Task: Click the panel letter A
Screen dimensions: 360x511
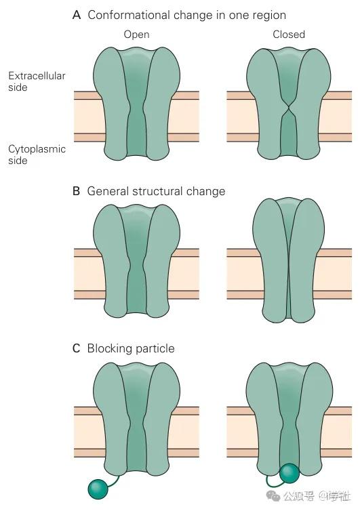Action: [x=77, y=15]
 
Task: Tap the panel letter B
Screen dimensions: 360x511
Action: [x=77, y=191]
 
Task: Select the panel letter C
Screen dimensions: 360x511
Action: [x=77, y=348]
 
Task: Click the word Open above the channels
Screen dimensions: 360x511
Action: [x=137, y=35]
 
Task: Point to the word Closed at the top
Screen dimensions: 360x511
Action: [x=289, y=34]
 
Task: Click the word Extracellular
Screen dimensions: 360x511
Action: [x=37, y=76]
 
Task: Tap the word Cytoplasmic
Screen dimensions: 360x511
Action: [x=37, y=150]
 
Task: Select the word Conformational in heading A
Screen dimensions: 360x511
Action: [x=129, y=15]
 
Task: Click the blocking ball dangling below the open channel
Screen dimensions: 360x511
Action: [x=98, y=489]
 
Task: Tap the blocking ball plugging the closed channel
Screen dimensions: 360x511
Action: [x=289, y=473]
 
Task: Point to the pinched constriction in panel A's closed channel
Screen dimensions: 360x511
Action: [x=289, y=108]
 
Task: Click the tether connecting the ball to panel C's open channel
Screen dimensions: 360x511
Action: [x=114, y=482]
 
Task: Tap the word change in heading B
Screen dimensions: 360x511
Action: [x=205, y=191]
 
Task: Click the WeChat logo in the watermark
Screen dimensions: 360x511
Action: [x=273, y=496]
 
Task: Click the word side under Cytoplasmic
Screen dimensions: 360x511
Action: [x=18, y=161]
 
